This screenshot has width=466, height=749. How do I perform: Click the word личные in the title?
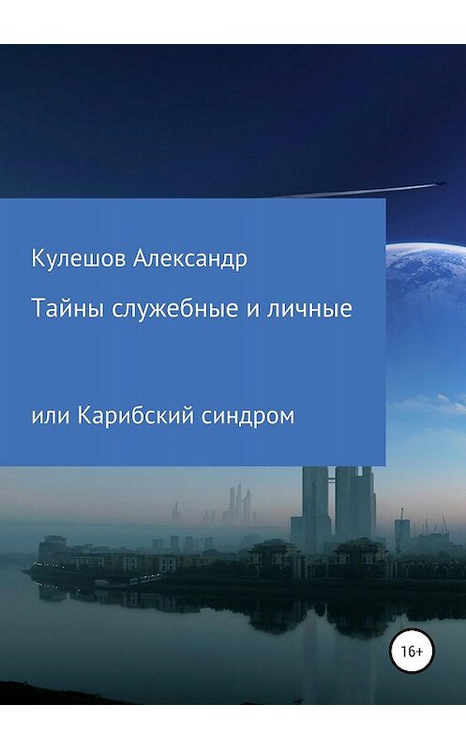coord(316,309)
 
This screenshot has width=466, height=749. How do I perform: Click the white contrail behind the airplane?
coord(338,192)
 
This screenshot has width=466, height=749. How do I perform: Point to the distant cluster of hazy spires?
coord(235,506)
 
